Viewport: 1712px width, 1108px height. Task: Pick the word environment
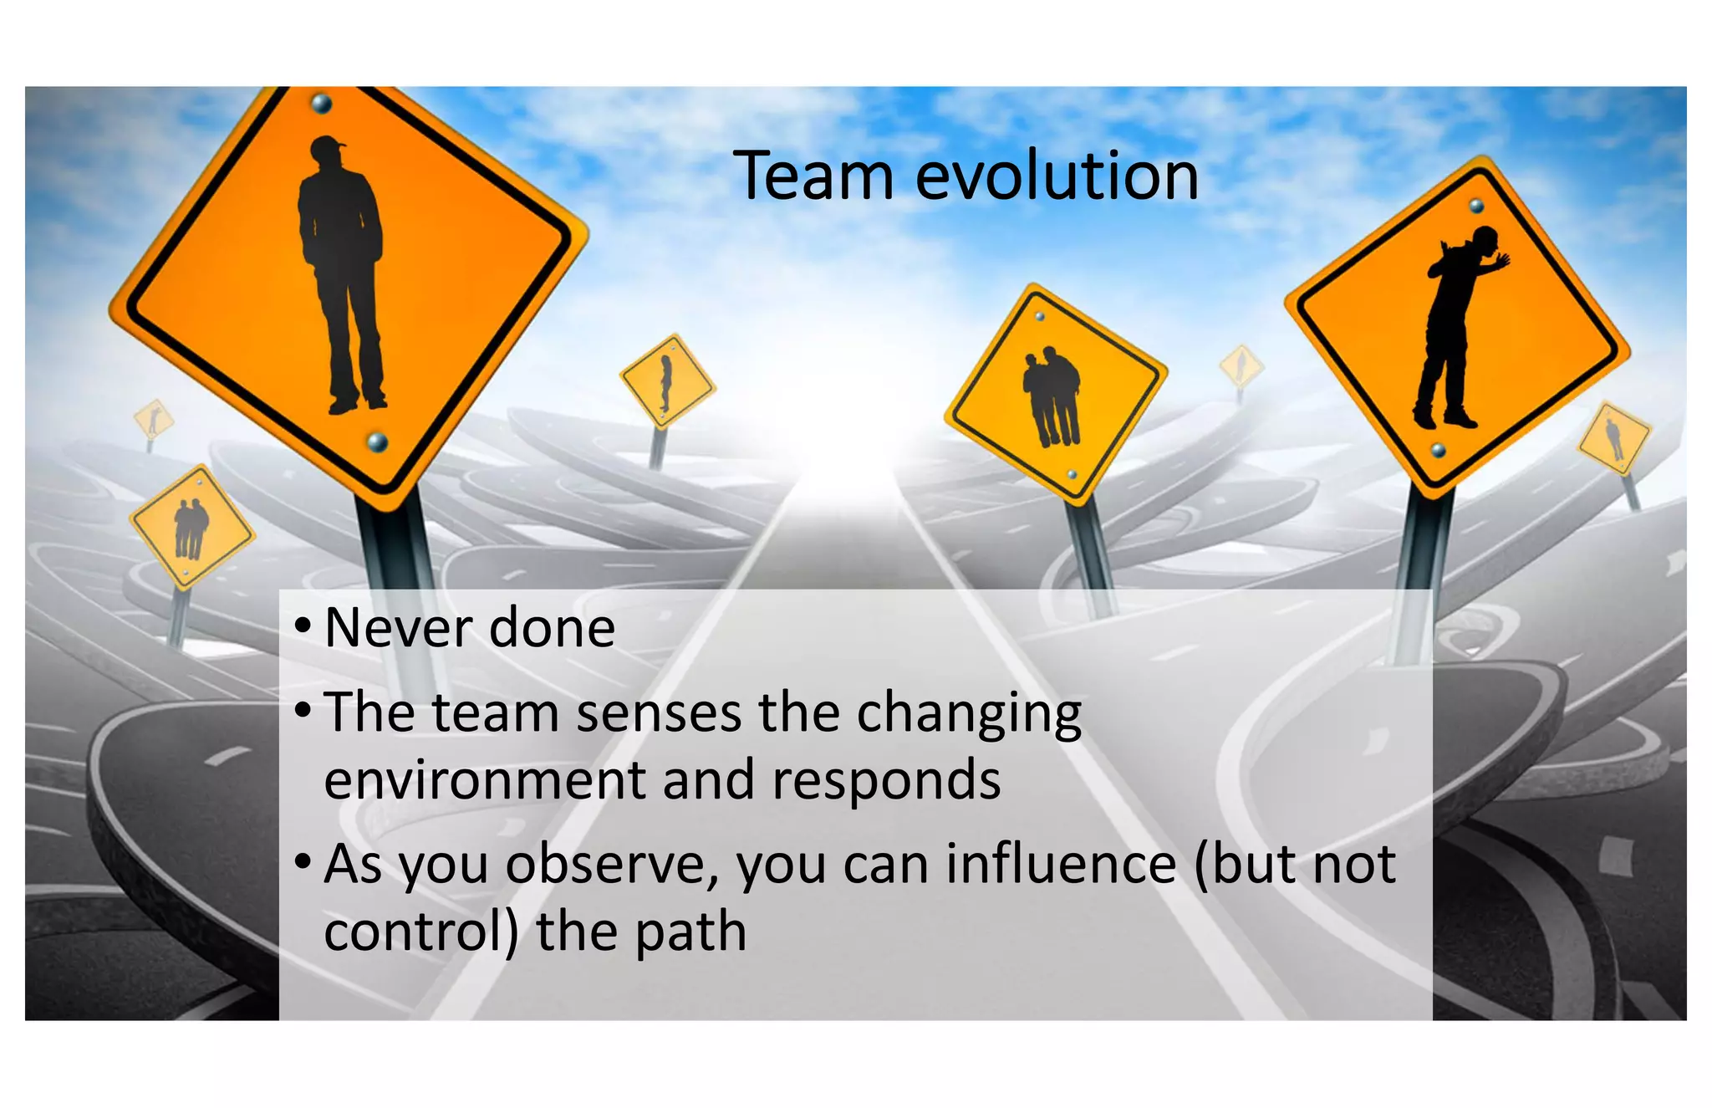pos(484,780)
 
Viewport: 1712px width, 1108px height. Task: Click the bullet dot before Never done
pos(303,625)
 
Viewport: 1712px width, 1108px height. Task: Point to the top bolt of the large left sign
pos(322,105)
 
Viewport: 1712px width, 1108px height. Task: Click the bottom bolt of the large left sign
pos(378,440)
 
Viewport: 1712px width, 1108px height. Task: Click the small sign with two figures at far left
pos(191,527)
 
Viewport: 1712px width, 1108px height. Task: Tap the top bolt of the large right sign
pos(1476,206)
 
